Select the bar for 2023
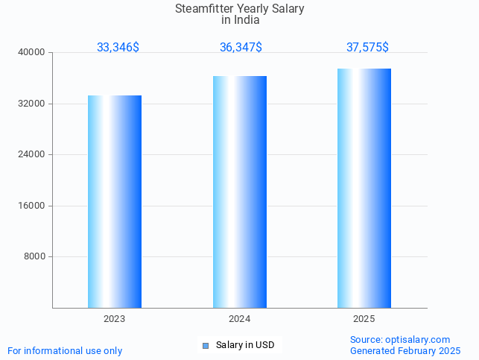[x=115, y=201]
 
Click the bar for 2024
[x=240, y=192]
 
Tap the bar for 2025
[x=364, y=188]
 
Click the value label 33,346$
[x=118, y=48]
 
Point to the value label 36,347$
[x=241, y=48]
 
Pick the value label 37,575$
[x=367, y=48]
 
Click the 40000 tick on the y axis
[x=32, y=53]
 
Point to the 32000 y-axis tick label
[x=32, y=104]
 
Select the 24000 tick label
[x=32, y=155]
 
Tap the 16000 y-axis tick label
[x=32, y=206]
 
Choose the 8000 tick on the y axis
[x=34, y=257]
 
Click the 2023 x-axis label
[x=115, y=319]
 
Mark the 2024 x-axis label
[x=240, y=319]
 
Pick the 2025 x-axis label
[x=364, y=319]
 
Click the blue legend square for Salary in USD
[x=206, y=346]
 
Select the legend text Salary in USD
[x=245, y=345]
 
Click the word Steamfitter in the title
[x=204, y=9]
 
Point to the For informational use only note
[x=65, y=351]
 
